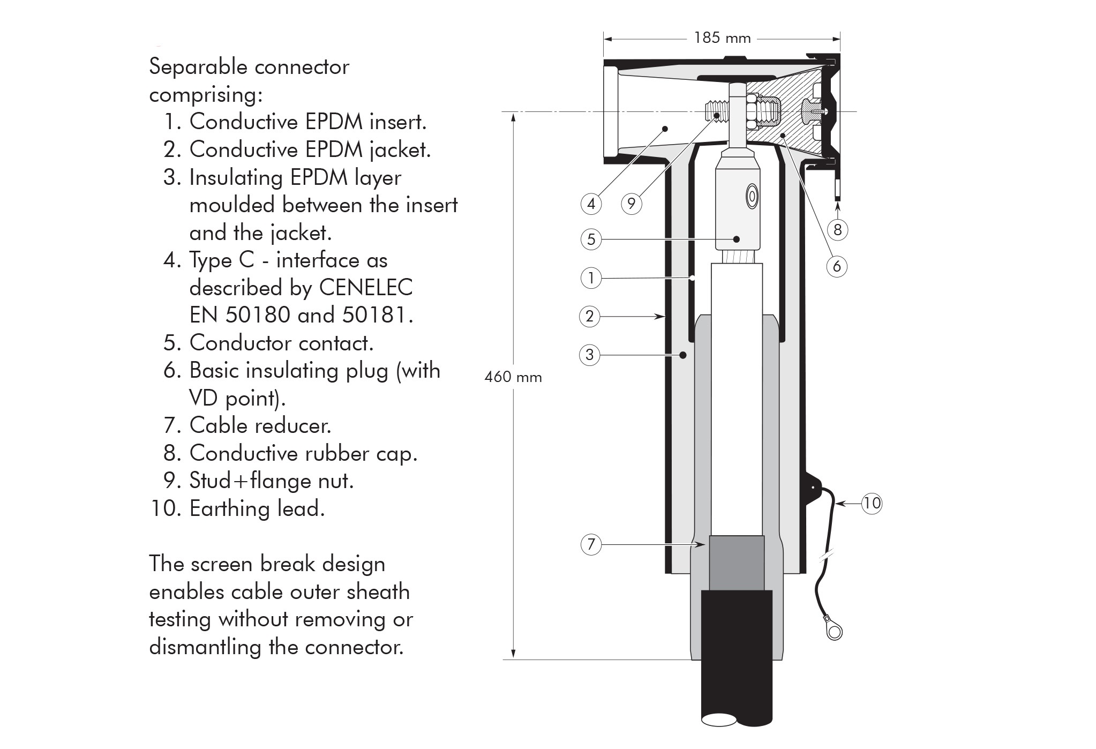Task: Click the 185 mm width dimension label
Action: tap(722, 38)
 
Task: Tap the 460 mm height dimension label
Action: tap(513, 377)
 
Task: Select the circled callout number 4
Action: tap(591, 204)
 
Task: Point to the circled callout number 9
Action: tap(632, 204)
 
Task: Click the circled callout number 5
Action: tap(591, 239)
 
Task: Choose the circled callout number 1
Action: tap(591, 278)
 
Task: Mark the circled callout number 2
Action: tap(590, 317)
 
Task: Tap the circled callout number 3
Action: tap(590, 355)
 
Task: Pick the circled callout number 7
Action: tap(591, 544)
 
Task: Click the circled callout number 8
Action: tap(838, 230)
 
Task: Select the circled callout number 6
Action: tap(837, 266)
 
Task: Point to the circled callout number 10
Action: tap(872, 503)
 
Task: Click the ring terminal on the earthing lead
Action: tap(834, 632)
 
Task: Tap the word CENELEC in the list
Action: tap(366, 288)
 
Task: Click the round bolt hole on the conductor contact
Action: tap(752, 197)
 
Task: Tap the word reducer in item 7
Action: tap(296, 425)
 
